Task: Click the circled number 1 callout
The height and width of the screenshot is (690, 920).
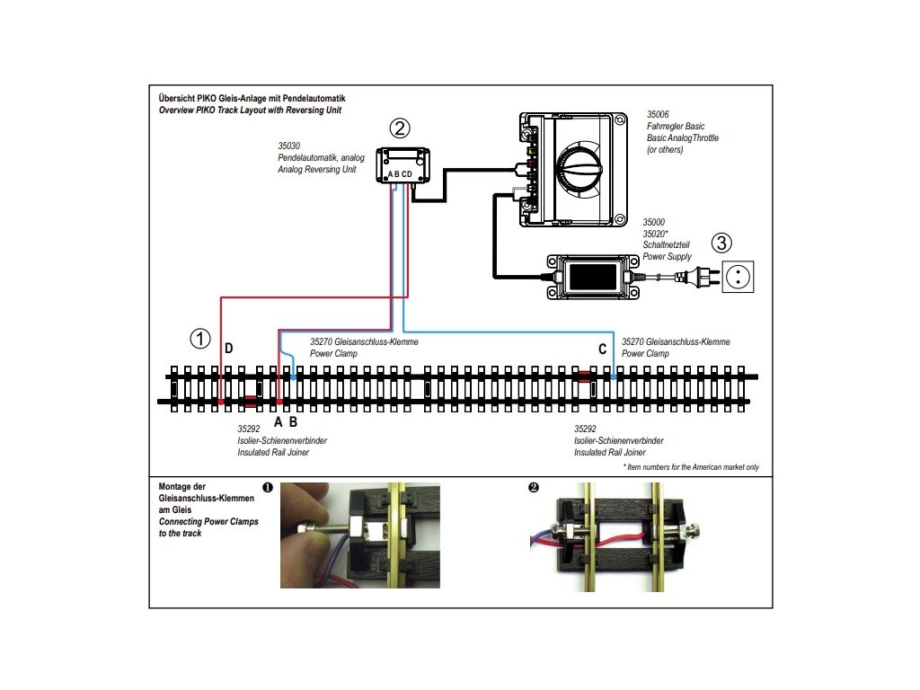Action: pyautogui.click(x=200, y=339)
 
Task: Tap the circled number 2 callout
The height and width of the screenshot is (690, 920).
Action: pyautogui.click(x=401, y=128)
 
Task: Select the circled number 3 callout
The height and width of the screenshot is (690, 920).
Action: pyautogui.click(x=722, y=242)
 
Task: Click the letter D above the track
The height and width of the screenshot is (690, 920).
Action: pyautogui.click(x=228, y=349)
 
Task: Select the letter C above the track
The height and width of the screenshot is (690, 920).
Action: pyautogui.click(x=602, y=349)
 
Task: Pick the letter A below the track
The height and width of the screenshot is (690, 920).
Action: pyautogui.click(x=279, y=421)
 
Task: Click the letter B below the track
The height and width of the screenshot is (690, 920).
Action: pyautogui.click(x=293, y=421)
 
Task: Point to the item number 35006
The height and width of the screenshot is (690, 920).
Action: pyautogui.click(x=658, y=115)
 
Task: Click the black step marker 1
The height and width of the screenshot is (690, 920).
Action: pyautogui.click(x=267, y=488)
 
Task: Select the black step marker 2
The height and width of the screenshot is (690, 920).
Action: pyautogui.click(x=534, y=488)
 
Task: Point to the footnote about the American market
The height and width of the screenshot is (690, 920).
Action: pyautogui.click(x=690, y=467)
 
